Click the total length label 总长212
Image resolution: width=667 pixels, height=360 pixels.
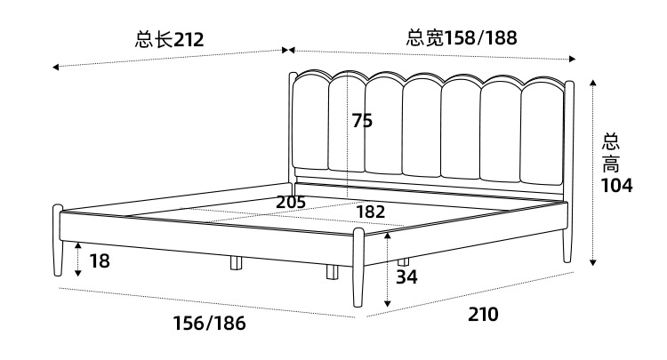tap(170, 39)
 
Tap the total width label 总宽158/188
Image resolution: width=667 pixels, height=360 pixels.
tap(462, 38)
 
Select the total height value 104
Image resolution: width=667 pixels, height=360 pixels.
tap(615, 186)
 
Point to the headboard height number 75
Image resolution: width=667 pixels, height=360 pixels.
tap(362, 121)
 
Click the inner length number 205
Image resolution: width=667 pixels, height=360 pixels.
tap(291, 202)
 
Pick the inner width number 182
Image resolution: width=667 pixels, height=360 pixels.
tap(370, 212)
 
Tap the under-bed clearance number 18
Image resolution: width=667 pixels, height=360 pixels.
tap(100, 261)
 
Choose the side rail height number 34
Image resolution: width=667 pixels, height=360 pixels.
tap(406, 276)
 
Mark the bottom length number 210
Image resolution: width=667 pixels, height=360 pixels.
tap(483, 314)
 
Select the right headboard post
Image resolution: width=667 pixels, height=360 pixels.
tap(568, 169)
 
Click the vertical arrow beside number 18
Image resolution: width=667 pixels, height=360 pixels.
tap(78, 259)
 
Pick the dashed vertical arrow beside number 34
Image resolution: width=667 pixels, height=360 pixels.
tap(388, 270)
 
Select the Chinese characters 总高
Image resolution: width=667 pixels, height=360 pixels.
tap(612, 153)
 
